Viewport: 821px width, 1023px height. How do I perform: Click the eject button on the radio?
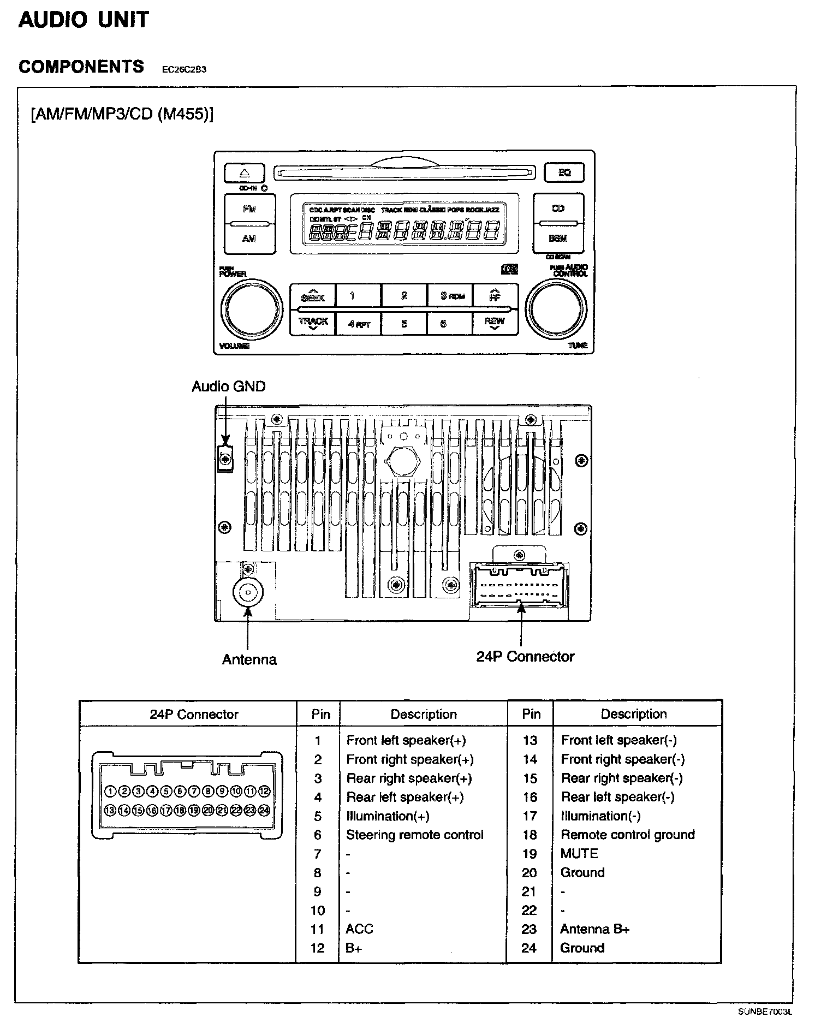(244, 174)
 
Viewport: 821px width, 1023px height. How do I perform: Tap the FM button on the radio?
(249, 209)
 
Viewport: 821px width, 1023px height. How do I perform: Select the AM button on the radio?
(249, 239)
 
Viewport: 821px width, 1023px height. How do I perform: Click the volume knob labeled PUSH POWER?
(252, 310)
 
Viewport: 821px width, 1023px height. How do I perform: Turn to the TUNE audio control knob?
(556, 310)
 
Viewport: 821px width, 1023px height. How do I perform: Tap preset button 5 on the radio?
(404, 323)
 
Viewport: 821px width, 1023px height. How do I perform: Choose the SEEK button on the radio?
(313, 296)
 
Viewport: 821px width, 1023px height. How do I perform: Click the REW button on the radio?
(495, 322)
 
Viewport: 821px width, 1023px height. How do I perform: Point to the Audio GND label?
(228, 386)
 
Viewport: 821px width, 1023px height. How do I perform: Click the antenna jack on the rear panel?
(248, 592)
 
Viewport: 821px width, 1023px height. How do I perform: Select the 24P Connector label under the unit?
(525, 656)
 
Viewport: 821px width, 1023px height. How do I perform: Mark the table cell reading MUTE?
(579, 853)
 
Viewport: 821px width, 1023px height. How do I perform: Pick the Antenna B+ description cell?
(594, 929)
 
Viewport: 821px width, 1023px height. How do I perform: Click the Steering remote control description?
(415, 835)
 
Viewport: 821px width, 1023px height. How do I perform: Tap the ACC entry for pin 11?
(359, 929)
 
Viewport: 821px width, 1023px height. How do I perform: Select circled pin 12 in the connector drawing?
(264, 791)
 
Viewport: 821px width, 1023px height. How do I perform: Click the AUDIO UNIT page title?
(84, 20)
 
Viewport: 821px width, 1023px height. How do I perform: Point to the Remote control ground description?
(628, 834)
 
